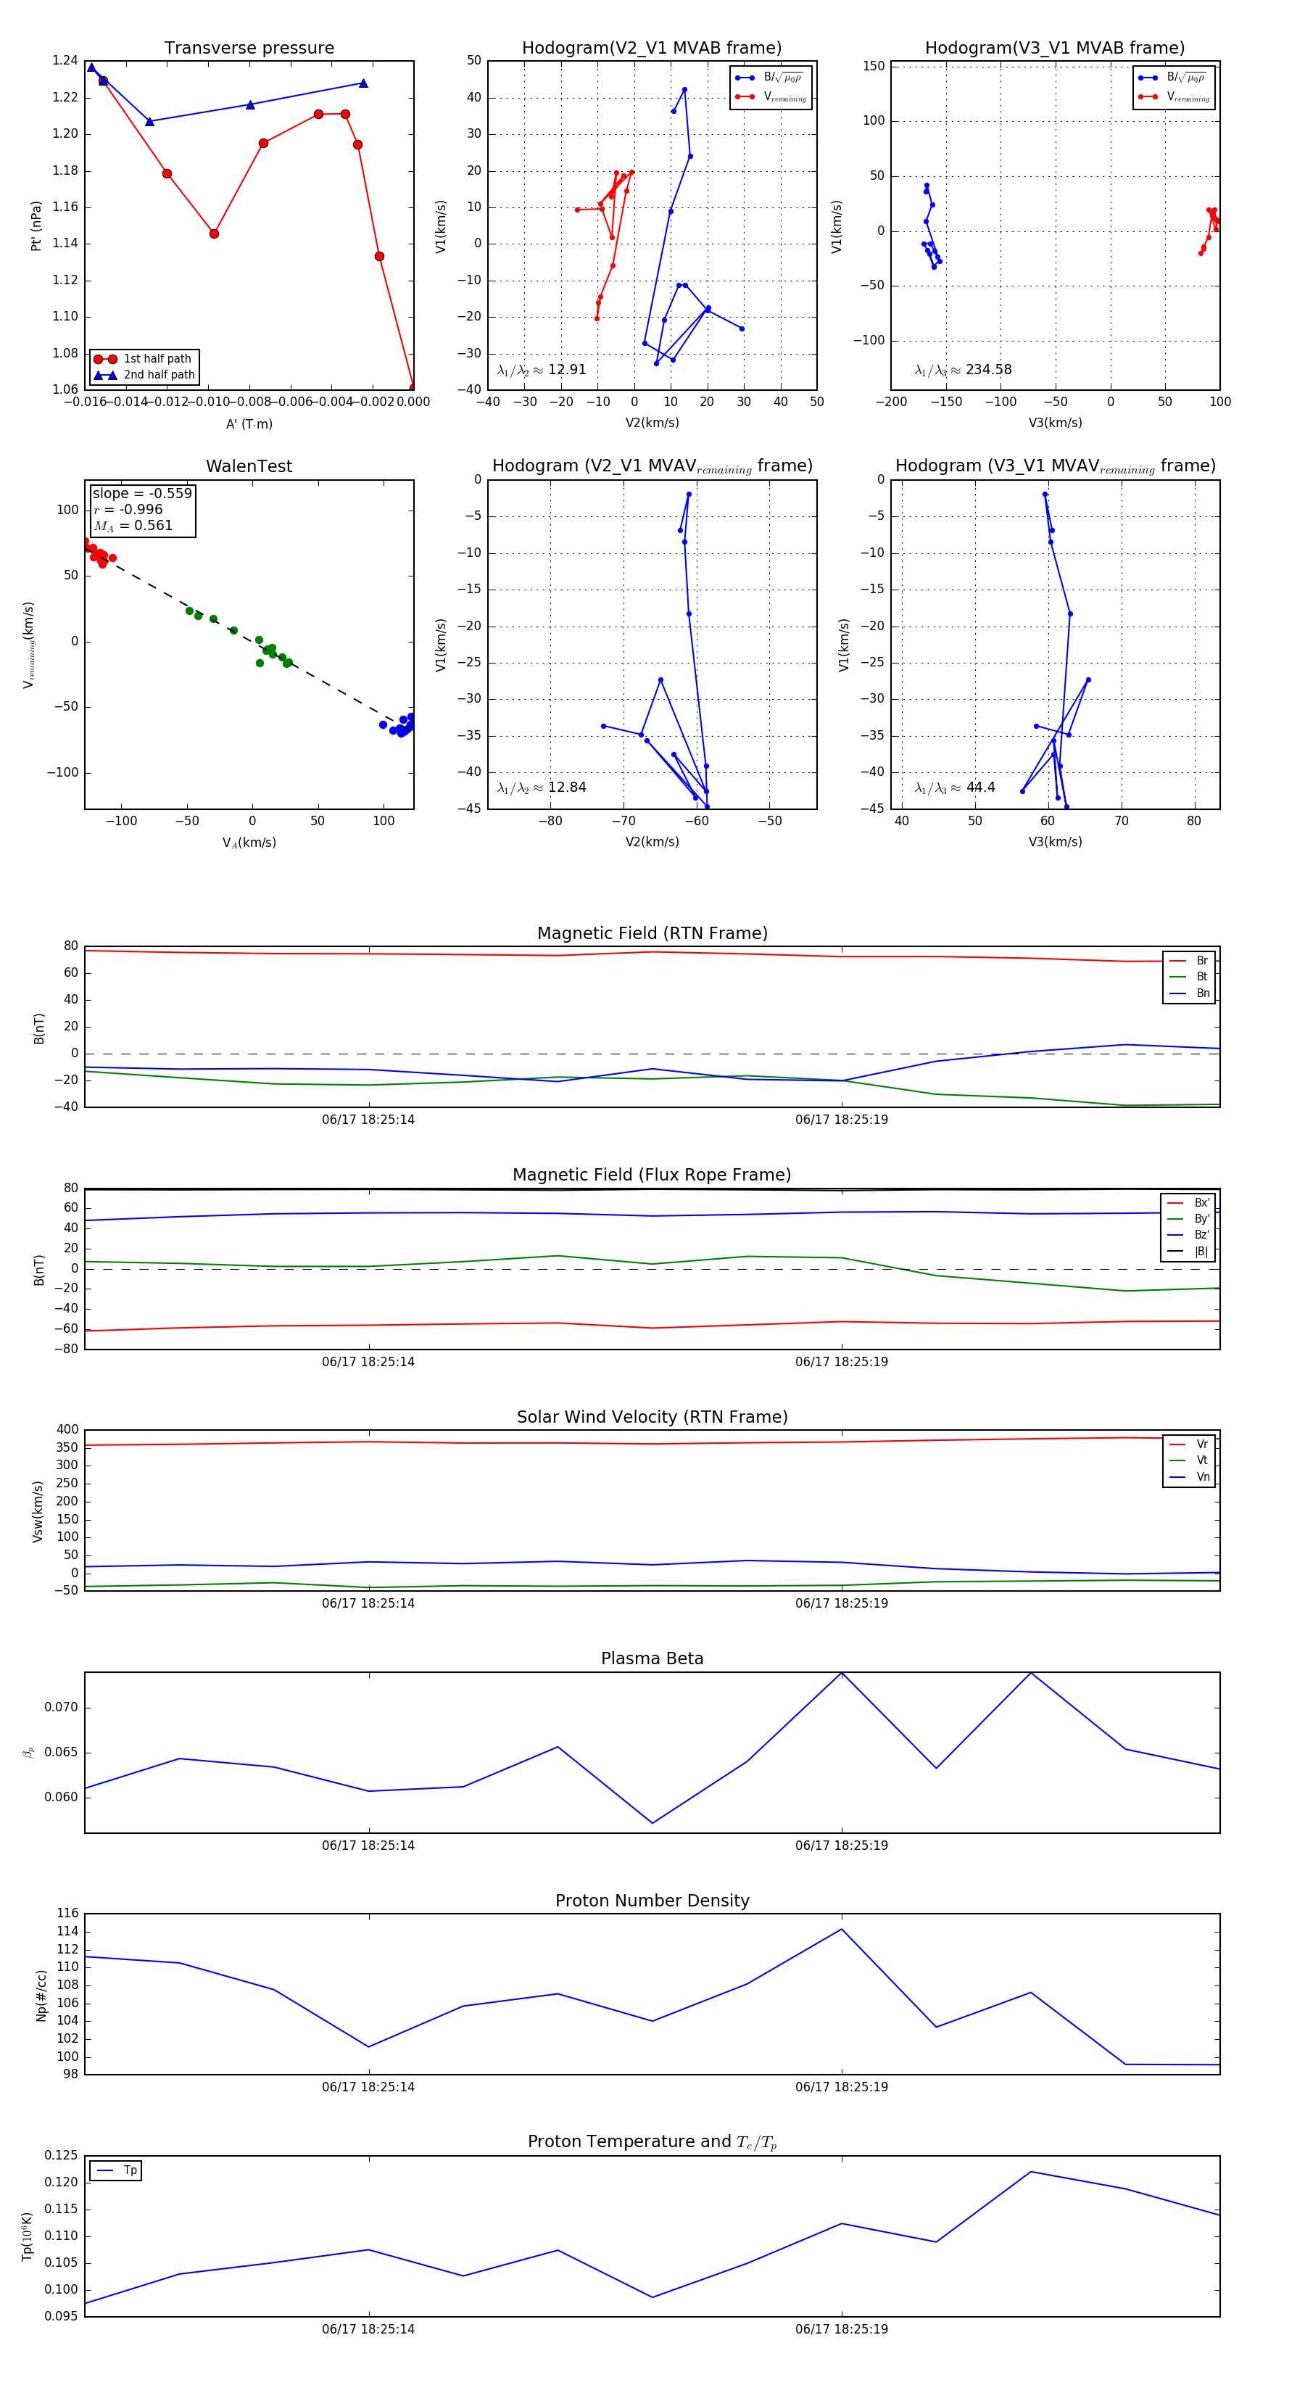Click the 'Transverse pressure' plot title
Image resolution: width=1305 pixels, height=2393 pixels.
click(x=249, y=47)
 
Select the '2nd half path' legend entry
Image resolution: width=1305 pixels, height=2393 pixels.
click(x=159, y=376)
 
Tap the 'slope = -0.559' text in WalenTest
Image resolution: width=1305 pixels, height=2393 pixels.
click(x=142, y=493)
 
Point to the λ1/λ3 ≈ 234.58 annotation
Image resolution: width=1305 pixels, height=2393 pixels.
click(x=964, y=370)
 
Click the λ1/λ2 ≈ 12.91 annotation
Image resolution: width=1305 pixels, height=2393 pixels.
click(x=542, y=370)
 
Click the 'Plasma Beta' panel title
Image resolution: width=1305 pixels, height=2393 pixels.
click(x=652, y=1658)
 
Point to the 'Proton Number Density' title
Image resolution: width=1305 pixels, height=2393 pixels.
click(x=652, y=1901)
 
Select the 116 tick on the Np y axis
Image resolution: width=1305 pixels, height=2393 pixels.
click(x=67, y=1914)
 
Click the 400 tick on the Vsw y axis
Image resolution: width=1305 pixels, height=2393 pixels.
click(x=67, y=1430)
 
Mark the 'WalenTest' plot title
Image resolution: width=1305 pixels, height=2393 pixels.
click(x=249, y=466)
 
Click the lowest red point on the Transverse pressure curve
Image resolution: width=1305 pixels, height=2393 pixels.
click(x=413, y=387)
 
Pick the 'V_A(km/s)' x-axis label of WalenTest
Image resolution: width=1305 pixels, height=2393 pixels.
click(x=249, y=843)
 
